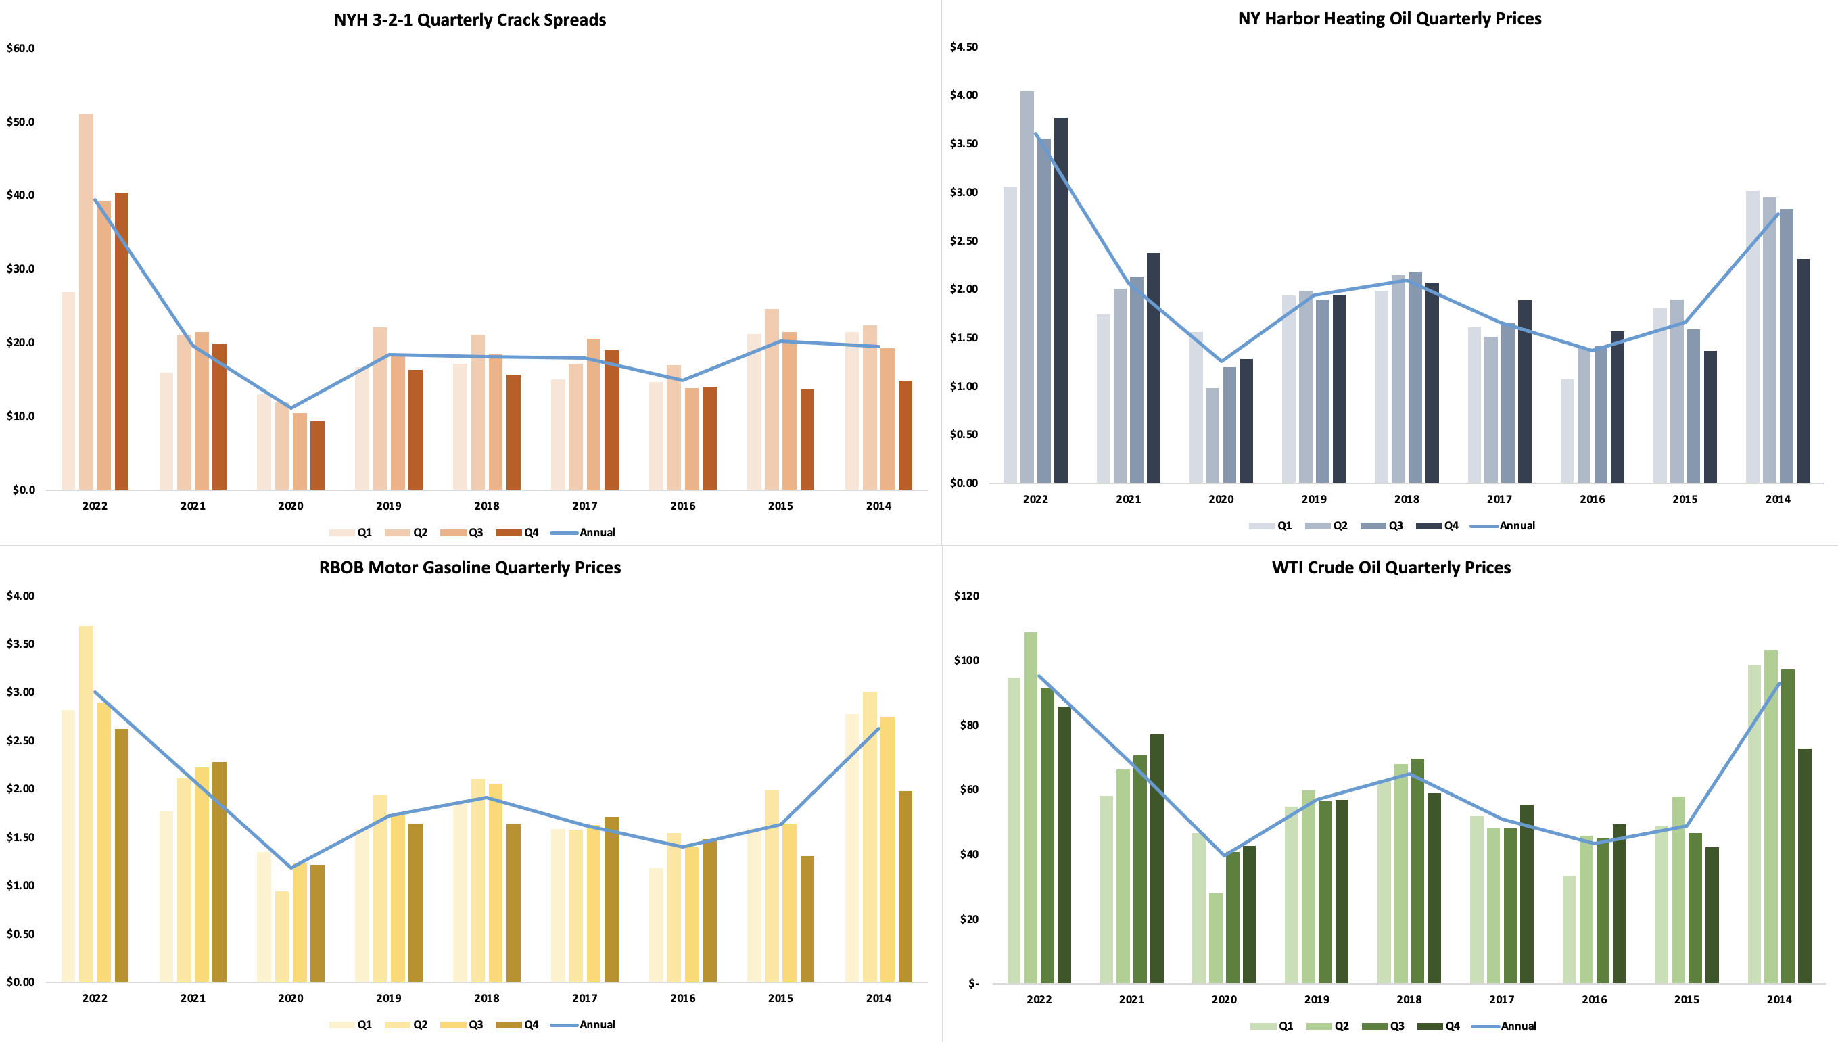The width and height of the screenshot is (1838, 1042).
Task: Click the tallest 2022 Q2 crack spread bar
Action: pyautogui.click(x=86, y=301)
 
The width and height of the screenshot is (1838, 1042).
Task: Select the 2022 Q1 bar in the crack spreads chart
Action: pyautogui.click(x=68, y=390)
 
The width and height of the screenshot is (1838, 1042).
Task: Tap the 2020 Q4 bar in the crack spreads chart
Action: pyautogui.click(x=317, y=455)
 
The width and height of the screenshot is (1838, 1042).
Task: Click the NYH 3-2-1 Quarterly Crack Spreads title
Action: pyautogui.click(x=469, y=20)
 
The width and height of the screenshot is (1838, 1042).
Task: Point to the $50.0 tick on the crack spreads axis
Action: pyautogui.click(x=21, y=122)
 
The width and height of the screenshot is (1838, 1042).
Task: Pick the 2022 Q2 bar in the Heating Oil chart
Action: pyautogui.click(x=1027, y=286)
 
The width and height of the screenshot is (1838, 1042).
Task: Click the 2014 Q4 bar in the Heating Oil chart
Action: pyautogui.click(x=1802, y=371)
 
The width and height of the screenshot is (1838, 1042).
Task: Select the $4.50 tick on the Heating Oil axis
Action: pyautogui.click(x=964, y=47)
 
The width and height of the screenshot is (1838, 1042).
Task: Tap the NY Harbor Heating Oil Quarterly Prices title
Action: pyautogui.click(x=1389, y=19)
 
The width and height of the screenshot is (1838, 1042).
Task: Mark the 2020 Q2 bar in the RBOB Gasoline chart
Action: pyautogui.click(x=282, y=936)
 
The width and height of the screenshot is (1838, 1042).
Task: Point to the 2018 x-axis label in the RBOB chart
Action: pyautogui.click(x=487, y=998)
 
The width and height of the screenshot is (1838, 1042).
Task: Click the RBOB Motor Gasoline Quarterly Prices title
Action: pyautogui.click(x=469, y=567)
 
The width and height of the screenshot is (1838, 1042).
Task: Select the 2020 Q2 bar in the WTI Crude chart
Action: pyautogui.click(x=1215, y=937)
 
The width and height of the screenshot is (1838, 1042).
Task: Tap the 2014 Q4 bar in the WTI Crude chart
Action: pyautogui.click(x=1804, y=866)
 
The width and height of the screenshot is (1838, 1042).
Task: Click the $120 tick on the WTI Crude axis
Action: pyautogui.click(x=966, y=596)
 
